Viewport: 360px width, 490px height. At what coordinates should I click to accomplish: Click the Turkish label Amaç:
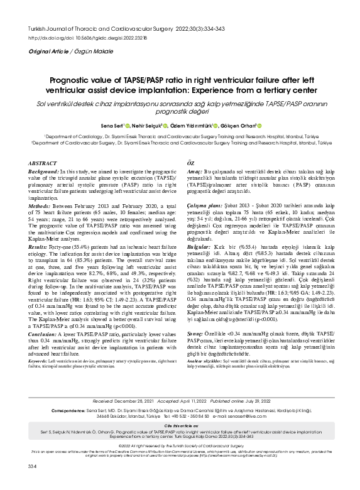pos(196,172)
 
